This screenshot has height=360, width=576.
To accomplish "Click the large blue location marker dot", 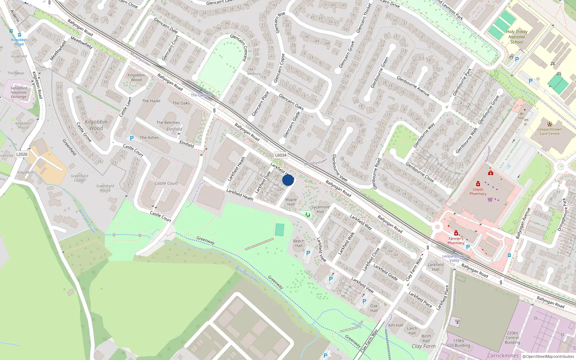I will pyautogui.click(x=288, y=180).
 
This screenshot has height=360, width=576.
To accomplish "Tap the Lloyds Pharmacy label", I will pyautogui.click(x=478, y=192).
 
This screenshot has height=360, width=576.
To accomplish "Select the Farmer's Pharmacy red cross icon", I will pyautogui.click(x=456, y=233).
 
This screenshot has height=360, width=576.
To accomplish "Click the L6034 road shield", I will pyautogui.click(x=281, y=155).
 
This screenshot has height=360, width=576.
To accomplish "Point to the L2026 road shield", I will pyautogui.click(x=22, y=154).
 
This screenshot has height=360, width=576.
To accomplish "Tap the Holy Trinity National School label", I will pyautogui.click(x=517, y=37).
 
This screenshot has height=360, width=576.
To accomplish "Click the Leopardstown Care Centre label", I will pyautogui.click(x=549, y=131).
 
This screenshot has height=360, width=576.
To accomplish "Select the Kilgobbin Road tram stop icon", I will pyautogui.click(x=19, y=35).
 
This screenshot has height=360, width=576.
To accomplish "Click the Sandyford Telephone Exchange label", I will pyautogui.click(x=19, y=93).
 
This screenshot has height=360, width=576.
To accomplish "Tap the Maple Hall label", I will pyautogui.click(x=291, y=202).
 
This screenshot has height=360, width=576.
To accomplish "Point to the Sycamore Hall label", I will pyautogui.click(x=320, y=209).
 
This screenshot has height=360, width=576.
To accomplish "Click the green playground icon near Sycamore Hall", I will pyautogui.click(x=308, y=215).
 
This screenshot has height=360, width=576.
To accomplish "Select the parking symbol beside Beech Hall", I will pyautogui.click(x=308, y=253).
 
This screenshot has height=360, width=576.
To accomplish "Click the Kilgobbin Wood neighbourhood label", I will pyautogui.click(x=96, y=125).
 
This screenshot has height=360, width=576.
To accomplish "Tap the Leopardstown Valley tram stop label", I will pyautogui.click(x=454, y=258).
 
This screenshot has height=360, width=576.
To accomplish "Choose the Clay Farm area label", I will pyautogui.click(x=424, y=346).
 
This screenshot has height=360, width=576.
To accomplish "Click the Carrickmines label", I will pyautogui.click(x=503, y=356).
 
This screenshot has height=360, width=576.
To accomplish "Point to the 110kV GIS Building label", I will pyautogui.click(x=458, y=343).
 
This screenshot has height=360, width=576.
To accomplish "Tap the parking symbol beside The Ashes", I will pyautogui.click(x=132, y=138).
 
